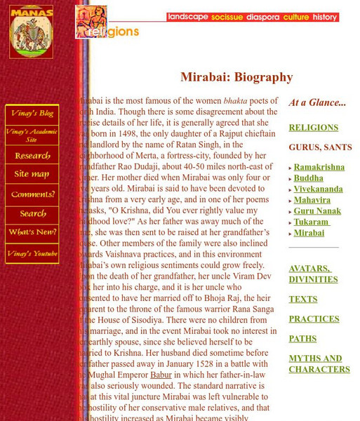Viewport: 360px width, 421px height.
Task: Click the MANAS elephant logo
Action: click(x=31, y=32)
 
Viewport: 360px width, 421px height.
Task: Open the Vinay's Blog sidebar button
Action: click(x=32, y=114)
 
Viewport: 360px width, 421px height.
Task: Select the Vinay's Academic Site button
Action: click(x=32, y=134)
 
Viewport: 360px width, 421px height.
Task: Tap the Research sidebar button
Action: click(x=32, y=155)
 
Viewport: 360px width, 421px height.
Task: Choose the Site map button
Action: click(x=32, y=174)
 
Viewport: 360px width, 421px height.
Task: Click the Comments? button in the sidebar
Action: click(x=32, y=194)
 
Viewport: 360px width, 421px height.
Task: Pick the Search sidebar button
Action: click(x=32, y=214)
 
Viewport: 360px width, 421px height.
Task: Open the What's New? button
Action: click(x=32, y=232)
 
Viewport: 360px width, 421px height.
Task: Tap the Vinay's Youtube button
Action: click(x=32, y=253)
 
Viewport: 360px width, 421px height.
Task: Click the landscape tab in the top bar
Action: click(x=187, y=17)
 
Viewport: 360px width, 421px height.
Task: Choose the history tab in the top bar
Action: click(x=325, y=17)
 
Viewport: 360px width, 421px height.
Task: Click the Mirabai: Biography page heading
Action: click(x=236, y=77)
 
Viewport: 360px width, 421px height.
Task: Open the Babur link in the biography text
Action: click(x=161, y=375)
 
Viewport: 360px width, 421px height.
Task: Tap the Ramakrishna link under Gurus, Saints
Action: click(x=319, y=168)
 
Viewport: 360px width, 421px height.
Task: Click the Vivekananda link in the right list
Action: click(x=318, y=189)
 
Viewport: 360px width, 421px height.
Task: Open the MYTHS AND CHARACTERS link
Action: click(x=319, y=363)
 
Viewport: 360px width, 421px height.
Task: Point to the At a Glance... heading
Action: click(x=317, y=102)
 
